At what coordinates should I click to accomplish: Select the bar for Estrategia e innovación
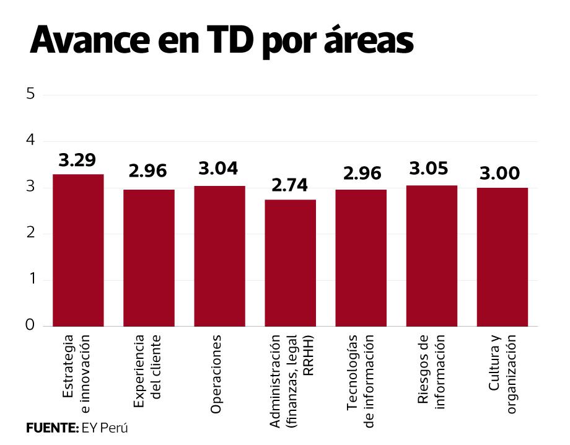tap(78, 250)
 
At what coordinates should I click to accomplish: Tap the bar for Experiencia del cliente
tap(149, 258)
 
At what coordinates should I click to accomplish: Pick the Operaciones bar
tap(219, 256)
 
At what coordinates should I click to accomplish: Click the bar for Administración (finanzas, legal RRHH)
tap(290, 263)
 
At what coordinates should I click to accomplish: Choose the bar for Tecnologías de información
tap(361, 258)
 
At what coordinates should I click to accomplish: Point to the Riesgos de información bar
tap(431, 256)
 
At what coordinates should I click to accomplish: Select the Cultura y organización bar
tap(502, 257)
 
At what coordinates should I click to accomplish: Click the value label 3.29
tap(77, 161)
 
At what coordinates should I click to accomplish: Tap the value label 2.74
tap(290, 185)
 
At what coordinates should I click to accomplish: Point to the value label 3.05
tap(431, 169)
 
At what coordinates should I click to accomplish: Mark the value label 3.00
tap(502, 174)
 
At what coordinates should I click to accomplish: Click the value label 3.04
tap(219, 169)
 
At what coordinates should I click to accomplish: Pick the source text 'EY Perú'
tap(105, 428)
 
